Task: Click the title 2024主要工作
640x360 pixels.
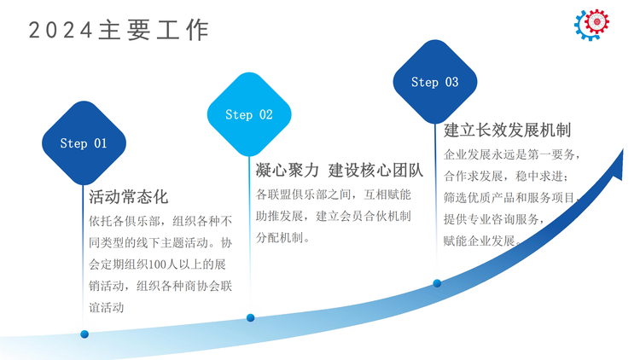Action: [119, 30]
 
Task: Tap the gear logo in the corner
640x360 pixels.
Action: [592, 25]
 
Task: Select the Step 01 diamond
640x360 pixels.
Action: [84, 142]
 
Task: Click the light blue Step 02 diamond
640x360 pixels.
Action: [249, 114]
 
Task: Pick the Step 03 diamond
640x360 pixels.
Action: [435, 82]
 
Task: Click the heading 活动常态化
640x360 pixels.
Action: [129, 197]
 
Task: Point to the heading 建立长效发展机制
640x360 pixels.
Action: [508, 131]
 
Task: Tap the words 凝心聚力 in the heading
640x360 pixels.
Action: [287, 171]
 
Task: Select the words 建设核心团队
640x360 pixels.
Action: [376, 171]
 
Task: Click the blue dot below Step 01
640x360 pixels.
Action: [84, 334]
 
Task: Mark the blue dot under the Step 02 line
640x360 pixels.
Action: [251, 317]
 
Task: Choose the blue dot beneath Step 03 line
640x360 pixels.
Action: [437, 283]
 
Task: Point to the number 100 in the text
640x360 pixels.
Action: [156, 264]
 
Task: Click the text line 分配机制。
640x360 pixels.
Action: [283, 237]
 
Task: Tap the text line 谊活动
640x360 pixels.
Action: [106, 307]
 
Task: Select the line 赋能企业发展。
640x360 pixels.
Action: [482, 241]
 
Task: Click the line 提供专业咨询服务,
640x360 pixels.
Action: [494, 219]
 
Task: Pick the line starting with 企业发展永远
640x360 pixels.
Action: [512, 154]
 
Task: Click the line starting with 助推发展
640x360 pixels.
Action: [333, 216]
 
